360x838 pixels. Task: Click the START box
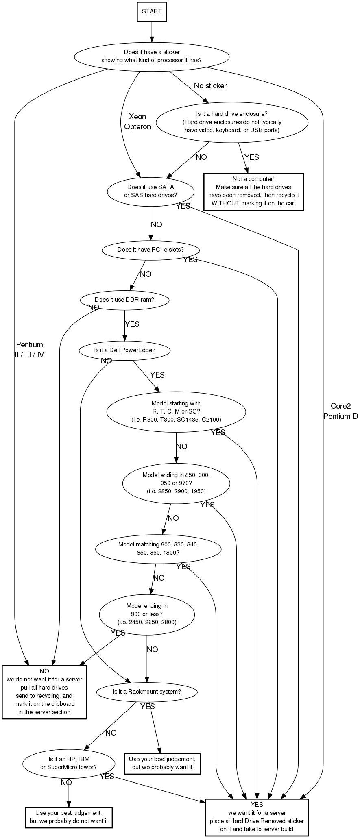pos(152,11)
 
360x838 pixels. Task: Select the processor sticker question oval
pos(151,56)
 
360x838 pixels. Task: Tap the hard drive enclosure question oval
pos(232,122)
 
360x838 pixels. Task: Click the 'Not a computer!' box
pos(253,192)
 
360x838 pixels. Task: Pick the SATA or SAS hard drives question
pos(151,191)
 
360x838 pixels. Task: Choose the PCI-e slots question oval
pos(151,250)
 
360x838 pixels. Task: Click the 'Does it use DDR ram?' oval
pos(124,300)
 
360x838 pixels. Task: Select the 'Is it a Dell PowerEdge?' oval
pos(124,350)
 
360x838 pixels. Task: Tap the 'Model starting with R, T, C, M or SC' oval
pos(176,411)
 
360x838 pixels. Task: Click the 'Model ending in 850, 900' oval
pos(176,483)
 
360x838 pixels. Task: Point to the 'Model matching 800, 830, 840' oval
pos(158,549)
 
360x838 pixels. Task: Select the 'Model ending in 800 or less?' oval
pos(147,614)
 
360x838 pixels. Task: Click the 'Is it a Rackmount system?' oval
pos(147,691)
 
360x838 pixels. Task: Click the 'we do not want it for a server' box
pos(44,692)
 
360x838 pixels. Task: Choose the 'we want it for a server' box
pos(257,817)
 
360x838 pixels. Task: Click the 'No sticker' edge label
pos(210,86)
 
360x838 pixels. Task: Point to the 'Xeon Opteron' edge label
pos(137,122)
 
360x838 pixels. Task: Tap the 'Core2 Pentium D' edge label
pos(341,411)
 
